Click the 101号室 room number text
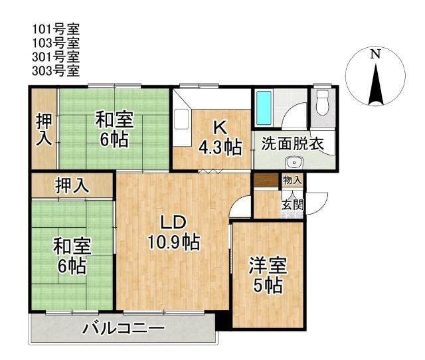click(x=56, y=30)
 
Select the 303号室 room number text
click(x=56, y=70)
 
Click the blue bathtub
click(x=263, y=110)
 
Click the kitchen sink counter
click(x=181, y=120)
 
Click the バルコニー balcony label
click(x=124, y=329)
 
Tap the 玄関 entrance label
click(x=292, y=204)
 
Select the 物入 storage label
click(x=292, y=180)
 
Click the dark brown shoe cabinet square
click(x=266, y=179)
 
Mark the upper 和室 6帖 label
click(x=114, y=130)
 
